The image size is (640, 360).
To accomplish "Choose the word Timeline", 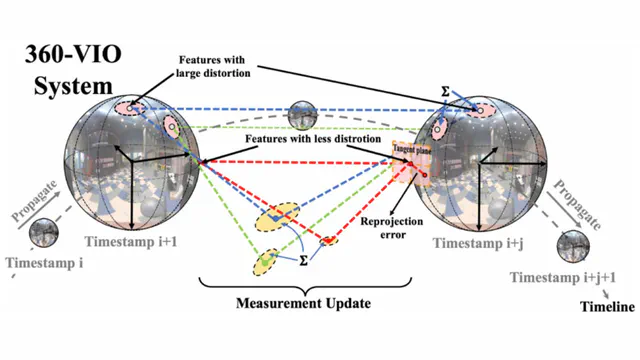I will [x=608, y=307].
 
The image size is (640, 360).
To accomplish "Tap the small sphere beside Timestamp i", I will [x=43, y=237].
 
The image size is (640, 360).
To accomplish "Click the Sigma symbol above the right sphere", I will [x=445, y=91].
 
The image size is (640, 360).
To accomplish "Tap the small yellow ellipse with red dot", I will [x=327, y=240].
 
